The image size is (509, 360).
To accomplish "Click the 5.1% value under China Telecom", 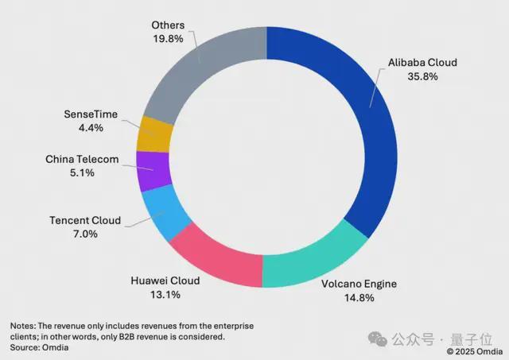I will pyautogui.click(x=82, y=174).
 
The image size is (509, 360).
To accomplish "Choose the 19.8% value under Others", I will pyautogui.click(x=168, y=37).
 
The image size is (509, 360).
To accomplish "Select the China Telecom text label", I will pyautogui.click(x=82, y=160).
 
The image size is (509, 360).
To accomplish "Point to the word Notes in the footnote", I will pyautogui.click(x=24, y=327).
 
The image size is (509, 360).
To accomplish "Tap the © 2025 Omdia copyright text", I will pyautogui.click(x=476, y=350).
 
